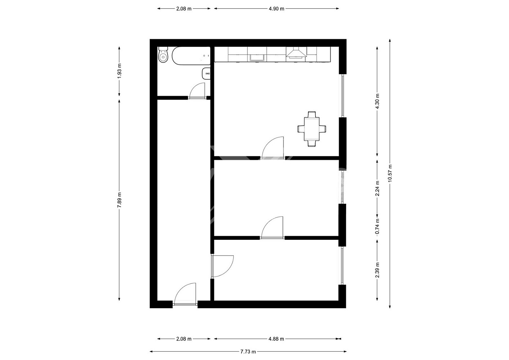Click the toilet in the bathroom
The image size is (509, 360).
pyautogui.click(x=163, y=55)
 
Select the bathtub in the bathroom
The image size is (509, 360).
pyautogui.click(x=191, y=56)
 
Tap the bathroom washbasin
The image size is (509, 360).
pyautogui.click(x=206, y=73)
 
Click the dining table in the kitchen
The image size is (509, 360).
pyautogui.click(x=312, y=129)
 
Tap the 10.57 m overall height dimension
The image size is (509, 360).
pyautogui.click(x=390, y=173)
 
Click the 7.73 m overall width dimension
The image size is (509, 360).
pyautogui.click(x=248, y=352)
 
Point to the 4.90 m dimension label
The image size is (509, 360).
pyautogui.click(x=276, y=9)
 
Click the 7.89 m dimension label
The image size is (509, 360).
pyautogui.click(x=119, y=200)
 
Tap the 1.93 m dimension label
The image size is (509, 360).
pyautogui.click(x=119, y=71)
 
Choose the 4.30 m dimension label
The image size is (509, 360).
pyautogui.click(x=377, y=101)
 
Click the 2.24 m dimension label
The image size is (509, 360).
pyautogui.click(x=377, y=188)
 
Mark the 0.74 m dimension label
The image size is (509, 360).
pyautogui.click(x=377, y=226)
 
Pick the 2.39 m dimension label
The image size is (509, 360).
pyautogui.click(x=377, y=270)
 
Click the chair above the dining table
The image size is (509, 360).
pyautogui.click(x=312, y=114)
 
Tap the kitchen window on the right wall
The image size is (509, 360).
pyautogui.click(x=342, y=96)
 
